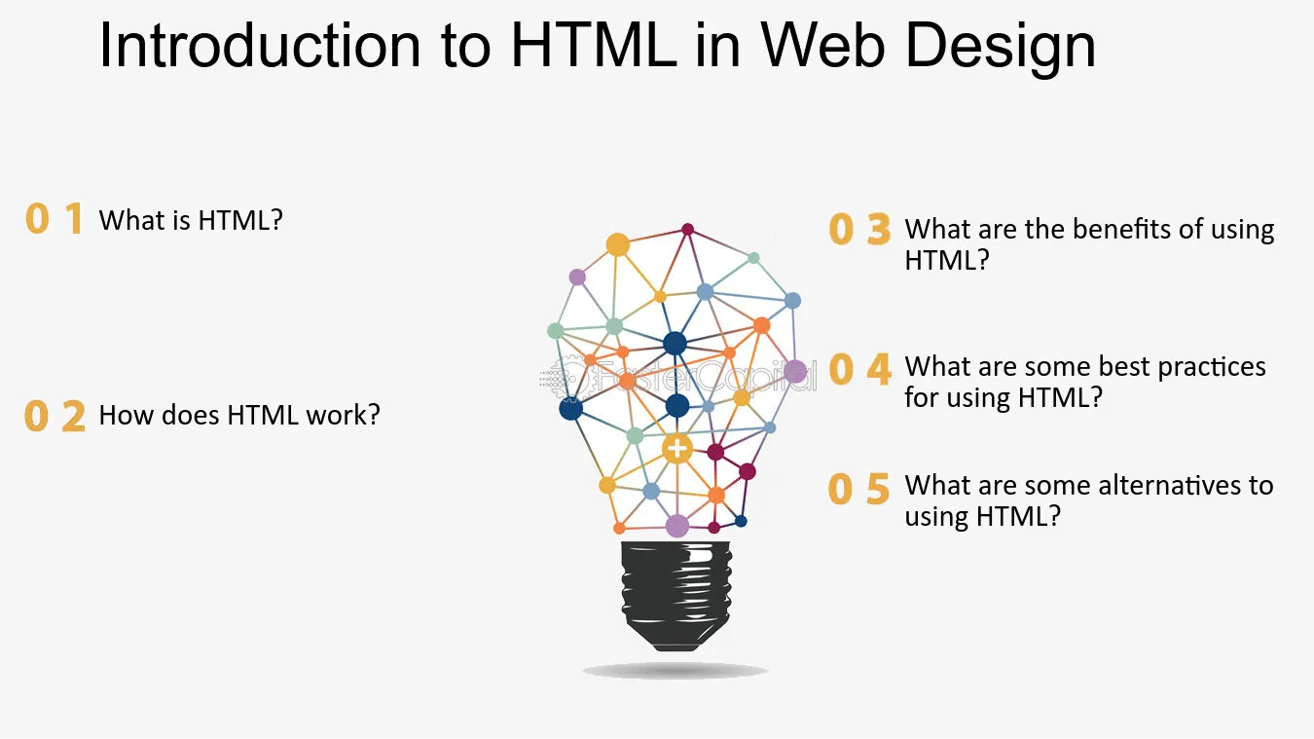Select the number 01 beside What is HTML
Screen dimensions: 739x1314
[54, 220]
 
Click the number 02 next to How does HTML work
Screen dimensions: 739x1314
[55, 416]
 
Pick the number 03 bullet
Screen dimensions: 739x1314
[858, 230]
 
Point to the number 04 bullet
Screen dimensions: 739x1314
[858, 369]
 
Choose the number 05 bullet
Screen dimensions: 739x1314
[858, 488]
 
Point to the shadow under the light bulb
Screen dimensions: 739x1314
[675, 671]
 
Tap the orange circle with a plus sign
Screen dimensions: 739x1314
[676, 449]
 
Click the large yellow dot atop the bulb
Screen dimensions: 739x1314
[618, 244]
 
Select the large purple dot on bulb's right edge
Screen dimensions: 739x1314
[795, 371]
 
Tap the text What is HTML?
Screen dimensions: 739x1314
[191, 221]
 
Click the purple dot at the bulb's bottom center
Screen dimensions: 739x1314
[677, 526]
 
